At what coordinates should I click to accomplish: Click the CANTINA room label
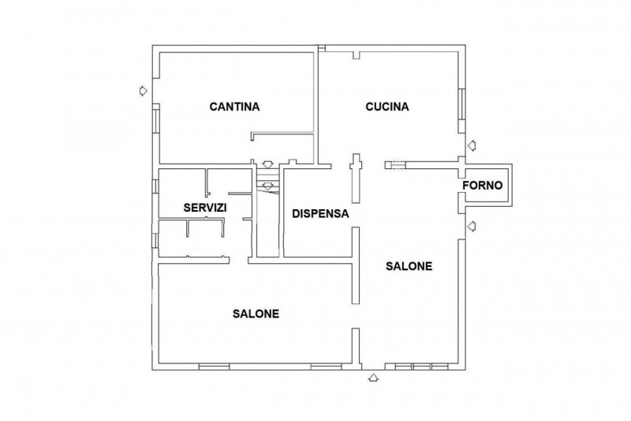[x=234, y=107]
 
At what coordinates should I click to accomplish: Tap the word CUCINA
[x=387, y=107]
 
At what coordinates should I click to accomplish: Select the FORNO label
[x=483, y=186]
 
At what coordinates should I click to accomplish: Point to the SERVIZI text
[x=205, y=208]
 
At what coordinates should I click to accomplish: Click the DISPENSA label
[x=320, y=213]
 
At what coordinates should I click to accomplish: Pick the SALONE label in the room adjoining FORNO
[x=409, y=266]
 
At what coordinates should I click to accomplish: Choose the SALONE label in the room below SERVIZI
[x=256, y=314]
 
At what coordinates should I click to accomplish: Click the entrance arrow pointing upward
[x=373, y=378]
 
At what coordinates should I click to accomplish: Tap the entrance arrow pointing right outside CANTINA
[x=143, y=91]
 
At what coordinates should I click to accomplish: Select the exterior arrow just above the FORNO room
[x=472, y=145]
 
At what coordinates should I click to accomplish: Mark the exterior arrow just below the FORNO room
[x=472, y=227]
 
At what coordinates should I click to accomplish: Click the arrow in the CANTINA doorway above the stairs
[x=267, y=164]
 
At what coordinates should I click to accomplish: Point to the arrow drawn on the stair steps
[x=267, y=186]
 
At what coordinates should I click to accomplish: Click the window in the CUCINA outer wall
[x=462, y=104]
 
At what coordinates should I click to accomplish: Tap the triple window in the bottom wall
[x=421, y=366]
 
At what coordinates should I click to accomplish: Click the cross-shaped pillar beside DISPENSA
[x=356, y=178]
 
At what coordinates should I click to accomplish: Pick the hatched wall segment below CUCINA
[x=395, y=165]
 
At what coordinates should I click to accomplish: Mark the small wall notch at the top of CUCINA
[x=357, y=55]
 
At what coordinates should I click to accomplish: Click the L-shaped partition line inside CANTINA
[x=282, y=133]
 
